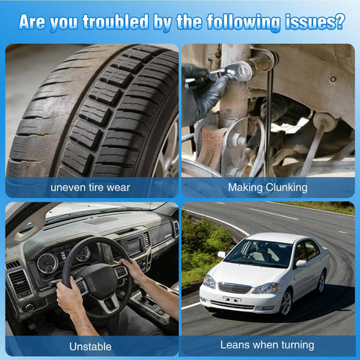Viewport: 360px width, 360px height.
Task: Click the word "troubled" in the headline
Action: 116,22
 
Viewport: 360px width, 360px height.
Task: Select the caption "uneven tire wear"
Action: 90,188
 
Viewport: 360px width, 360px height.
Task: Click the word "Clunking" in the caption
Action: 286,188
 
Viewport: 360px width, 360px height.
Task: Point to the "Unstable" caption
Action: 90,347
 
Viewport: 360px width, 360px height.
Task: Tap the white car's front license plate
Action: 232,299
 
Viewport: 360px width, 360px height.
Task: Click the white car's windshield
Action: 258,253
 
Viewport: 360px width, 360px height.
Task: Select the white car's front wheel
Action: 286,303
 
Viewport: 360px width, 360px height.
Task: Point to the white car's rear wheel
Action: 322,282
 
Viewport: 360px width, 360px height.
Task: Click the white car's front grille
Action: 235,288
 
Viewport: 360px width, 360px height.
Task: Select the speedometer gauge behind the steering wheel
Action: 47,263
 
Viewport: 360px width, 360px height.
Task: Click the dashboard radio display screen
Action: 134,246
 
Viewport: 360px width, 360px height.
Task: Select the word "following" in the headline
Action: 243,22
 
